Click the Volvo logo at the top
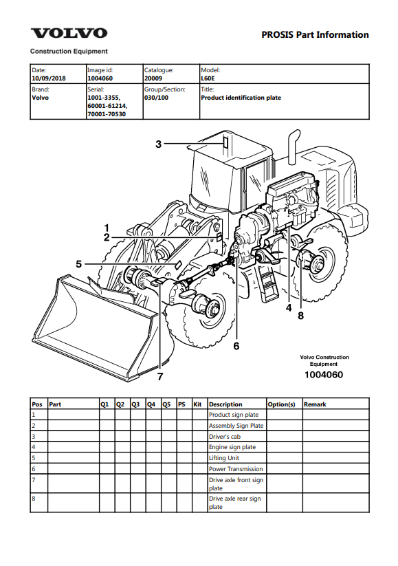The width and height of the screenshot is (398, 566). pos(69,33)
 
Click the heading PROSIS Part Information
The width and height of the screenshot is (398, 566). pos(315,34)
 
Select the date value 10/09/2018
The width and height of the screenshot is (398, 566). pos(49,78)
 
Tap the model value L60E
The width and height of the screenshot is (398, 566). pos(208,78)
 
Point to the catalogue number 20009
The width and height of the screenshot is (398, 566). pos(153,78)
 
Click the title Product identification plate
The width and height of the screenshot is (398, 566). pos(241,98)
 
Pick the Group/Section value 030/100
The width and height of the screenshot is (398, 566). pos(156,98)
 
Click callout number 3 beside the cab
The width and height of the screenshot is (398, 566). pos(158,144)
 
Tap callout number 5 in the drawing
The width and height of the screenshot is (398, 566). pos(78,264)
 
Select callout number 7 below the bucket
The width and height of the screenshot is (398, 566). pos(160,376)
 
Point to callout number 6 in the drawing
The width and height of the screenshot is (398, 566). pos(236,346)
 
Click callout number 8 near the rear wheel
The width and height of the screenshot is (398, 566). pos(301,316)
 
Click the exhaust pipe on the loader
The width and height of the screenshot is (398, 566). pos(294,147)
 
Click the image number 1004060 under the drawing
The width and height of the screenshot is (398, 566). pos(324,375)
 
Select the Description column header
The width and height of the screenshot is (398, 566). pos(225,404)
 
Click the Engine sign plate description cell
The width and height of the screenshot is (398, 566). pos(232,447)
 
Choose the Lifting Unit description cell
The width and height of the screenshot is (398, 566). pos(224,458)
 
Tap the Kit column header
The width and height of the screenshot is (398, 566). pos(197,404)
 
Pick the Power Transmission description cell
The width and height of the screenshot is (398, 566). pos(236,469)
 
